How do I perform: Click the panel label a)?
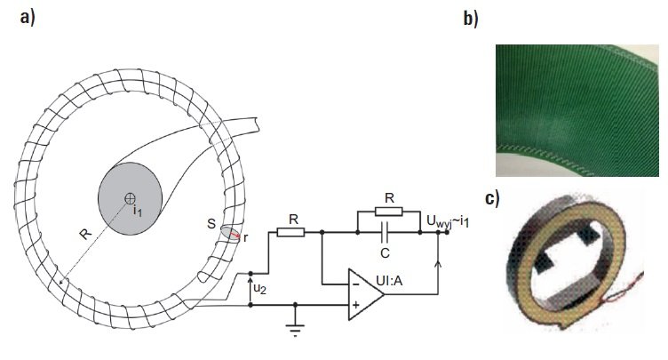(28, 18)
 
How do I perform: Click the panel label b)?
(471, 20)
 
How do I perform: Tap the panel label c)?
(492, 199)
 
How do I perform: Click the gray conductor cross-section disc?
(130, 198)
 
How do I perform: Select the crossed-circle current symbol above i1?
(130, 198)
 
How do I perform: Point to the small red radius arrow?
(235, 234)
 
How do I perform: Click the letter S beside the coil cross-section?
(211, 223)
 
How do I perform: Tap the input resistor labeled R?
(290, 232)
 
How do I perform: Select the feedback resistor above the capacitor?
(388, 212)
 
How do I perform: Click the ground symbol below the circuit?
(295, 330)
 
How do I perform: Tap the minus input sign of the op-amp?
(355, 284)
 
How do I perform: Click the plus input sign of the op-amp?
(355, 305)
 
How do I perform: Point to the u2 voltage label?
(260, 289)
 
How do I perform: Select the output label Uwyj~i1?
(448, 221)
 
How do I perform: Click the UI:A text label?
(389, 281)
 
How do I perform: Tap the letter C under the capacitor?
(385, 253)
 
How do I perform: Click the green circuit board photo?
(577, 110)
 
